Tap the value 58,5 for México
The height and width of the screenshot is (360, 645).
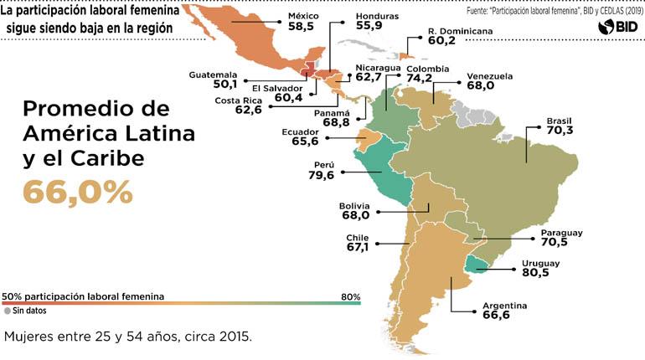tap(302, 28)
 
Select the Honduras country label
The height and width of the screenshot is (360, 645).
tap(377, 16)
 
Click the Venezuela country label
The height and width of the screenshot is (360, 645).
tap(489, 75)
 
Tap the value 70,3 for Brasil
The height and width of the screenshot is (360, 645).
tap(560, 131)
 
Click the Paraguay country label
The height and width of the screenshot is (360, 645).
tap(561, 232)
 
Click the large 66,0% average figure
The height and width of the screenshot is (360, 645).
tap(77, 192)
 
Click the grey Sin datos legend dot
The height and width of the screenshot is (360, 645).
tap(8, 311)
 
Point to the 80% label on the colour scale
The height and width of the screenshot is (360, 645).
tap(350, 296)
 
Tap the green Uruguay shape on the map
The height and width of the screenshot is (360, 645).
tap(477, 265)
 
